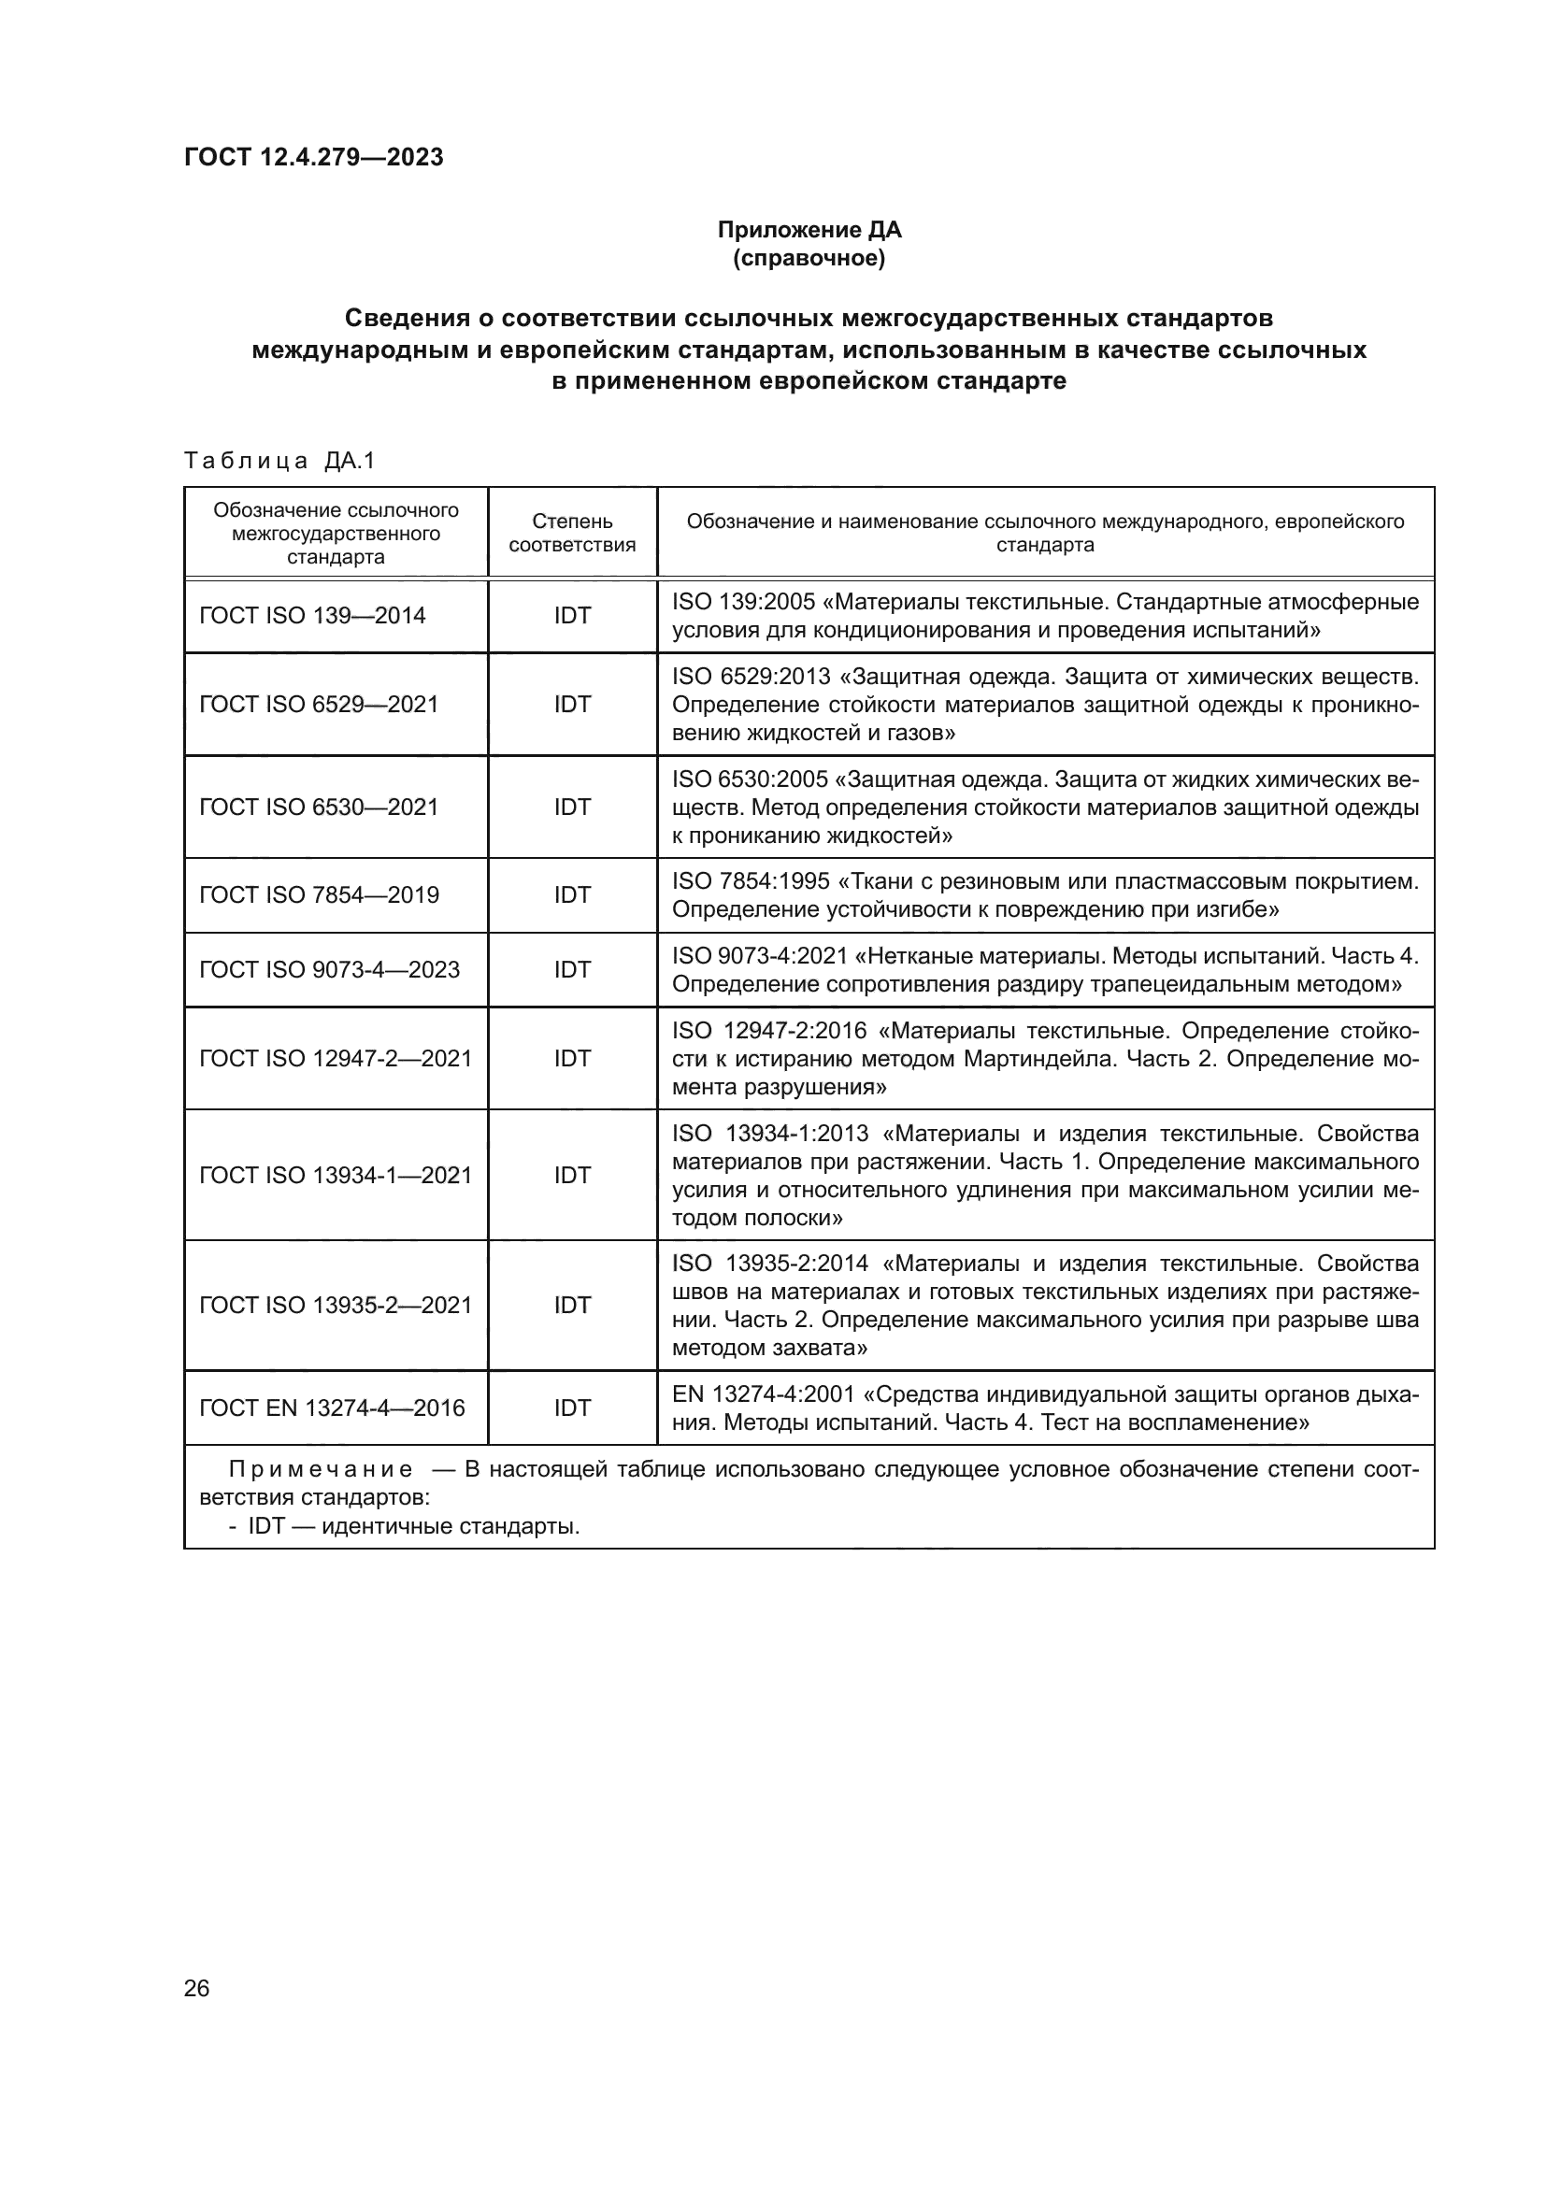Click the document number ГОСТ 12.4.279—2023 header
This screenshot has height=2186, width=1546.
pos(313,157)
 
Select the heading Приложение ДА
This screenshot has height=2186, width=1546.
pos(809,230)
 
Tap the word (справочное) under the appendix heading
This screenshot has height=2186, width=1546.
pos(809,258)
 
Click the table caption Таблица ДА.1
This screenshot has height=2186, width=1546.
pos(279,461)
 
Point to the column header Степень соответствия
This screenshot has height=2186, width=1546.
pos(572,533)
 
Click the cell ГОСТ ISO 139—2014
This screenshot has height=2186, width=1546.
pos(312,616)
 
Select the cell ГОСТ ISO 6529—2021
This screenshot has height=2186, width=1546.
pos(319,705)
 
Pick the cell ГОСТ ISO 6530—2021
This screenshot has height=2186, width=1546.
pos(319,807)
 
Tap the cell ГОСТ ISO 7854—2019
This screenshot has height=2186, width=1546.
pos(319,895)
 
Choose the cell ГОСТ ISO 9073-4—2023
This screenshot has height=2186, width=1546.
pos(329,970)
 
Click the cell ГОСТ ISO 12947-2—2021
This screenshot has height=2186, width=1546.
pos(336,1059)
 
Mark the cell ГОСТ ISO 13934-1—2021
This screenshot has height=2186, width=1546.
pos(336,1176)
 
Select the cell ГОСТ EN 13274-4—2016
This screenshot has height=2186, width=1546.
pos(332,1408)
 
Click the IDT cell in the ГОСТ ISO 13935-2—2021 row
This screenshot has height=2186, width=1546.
pos(572,1306)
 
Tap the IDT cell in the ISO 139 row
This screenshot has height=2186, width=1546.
pos(572,616)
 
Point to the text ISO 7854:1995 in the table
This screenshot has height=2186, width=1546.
pos(751,881)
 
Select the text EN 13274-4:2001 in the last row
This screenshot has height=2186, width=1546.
pos(763,1394)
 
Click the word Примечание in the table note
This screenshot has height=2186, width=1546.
pos(321,1470)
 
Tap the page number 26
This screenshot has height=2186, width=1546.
pos(197,1989)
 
